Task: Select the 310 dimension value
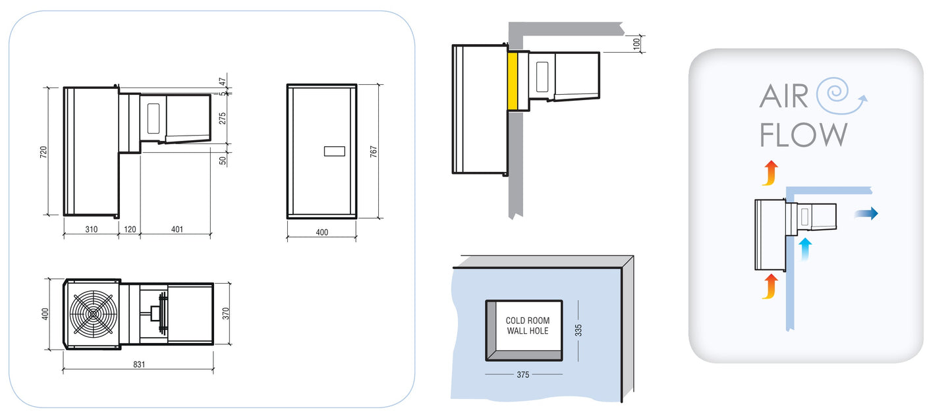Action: coord(91,230)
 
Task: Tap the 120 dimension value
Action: coord(129,230)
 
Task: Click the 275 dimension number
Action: coord(222,119)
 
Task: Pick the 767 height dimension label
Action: coord(373,151)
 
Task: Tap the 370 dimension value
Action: coord(225,313)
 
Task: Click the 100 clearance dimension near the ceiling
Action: coord(636,43)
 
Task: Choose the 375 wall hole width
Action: coord(524,375)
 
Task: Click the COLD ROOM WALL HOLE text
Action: coord(527,326)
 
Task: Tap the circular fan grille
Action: coord(92,315)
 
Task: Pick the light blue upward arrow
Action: coord(804,249)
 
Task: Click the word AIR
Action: coord(783,97)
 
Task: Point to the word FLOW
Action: coord(803,135)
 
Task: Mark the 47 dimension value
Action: coord(222,82)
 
